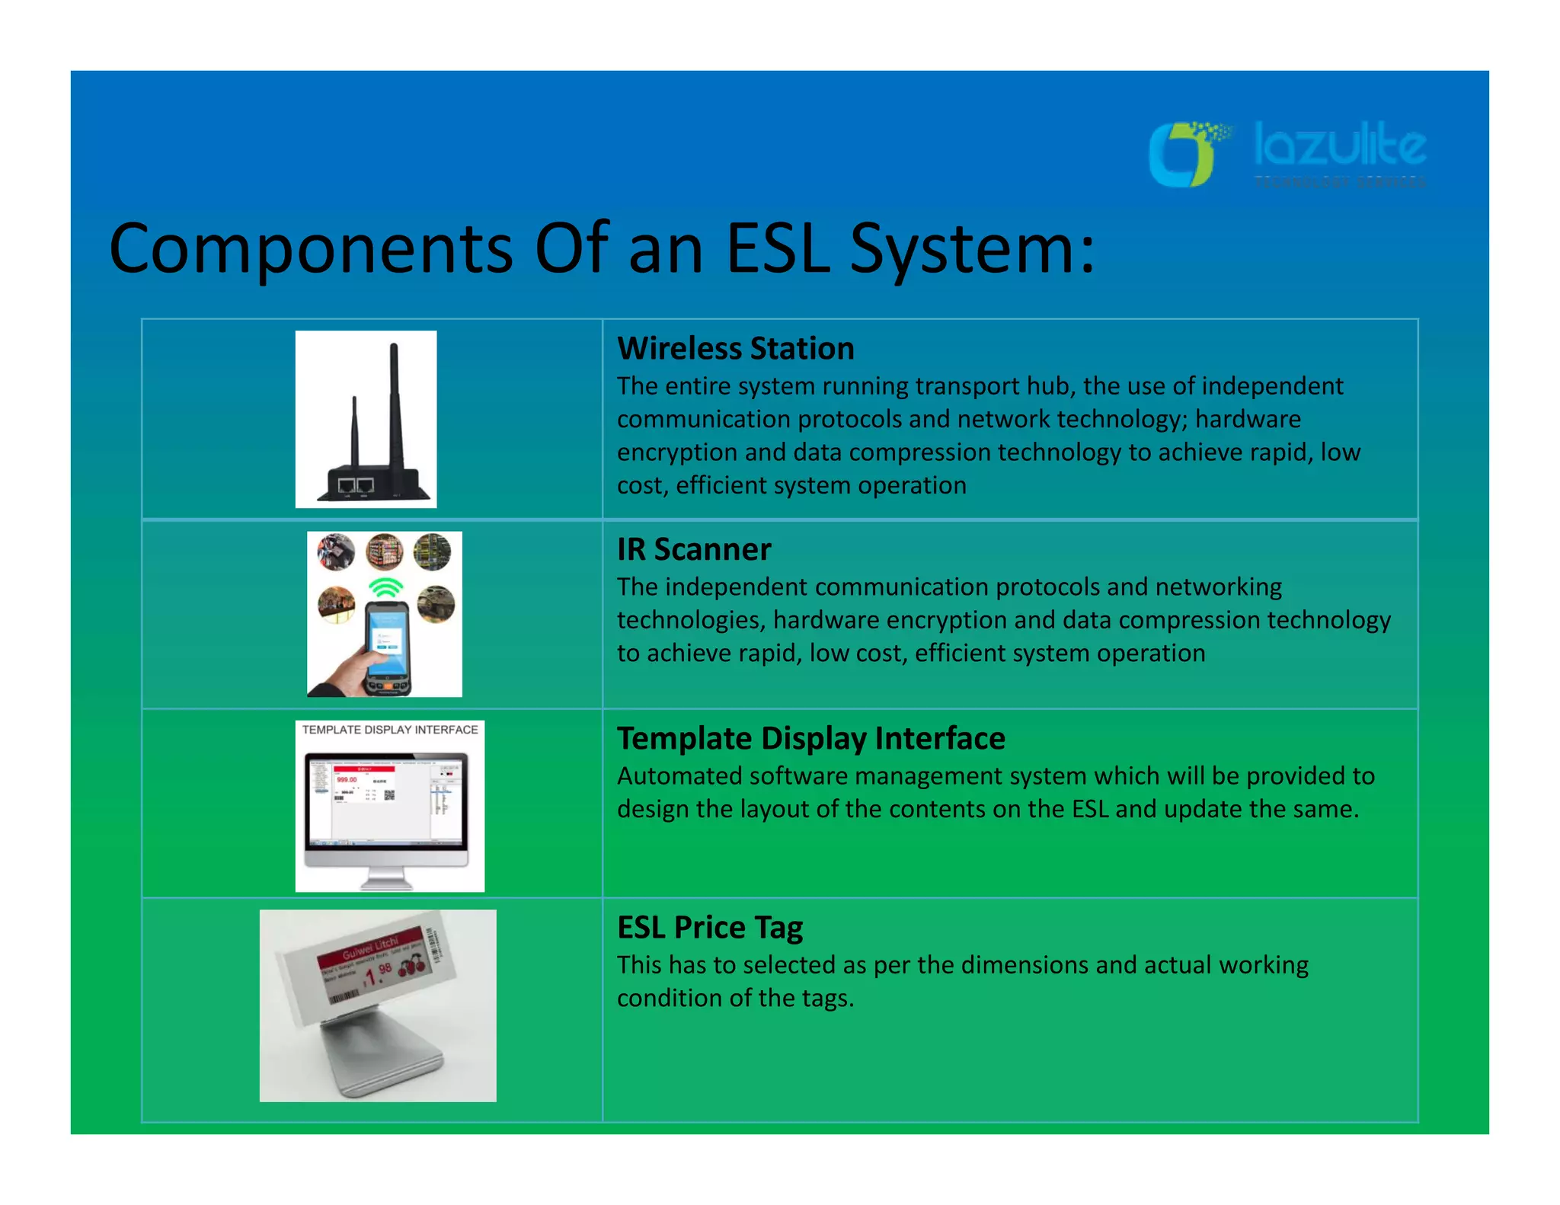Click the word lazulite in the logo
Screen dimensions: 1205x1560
tap(1340, 146)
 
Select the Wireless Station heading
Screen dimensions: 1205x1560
tap(735, 349)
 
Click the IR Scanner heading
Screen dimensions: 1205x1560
tap(693, 549)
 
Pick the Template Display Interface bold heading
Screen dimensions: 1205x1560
tap(810, 738)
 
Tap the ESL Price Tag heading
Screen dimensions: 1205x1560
tap(709, 927)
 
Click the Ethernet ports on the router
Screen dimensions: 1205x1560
tap(356, 485)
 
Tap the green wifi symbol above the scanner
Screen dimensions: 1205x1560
tap(385, 588)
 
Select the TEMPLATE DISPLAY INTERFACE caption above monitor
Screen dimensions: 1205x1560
tap(390, 730)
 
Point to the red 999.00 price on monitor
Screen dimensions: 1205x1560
tap(347, 780)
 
